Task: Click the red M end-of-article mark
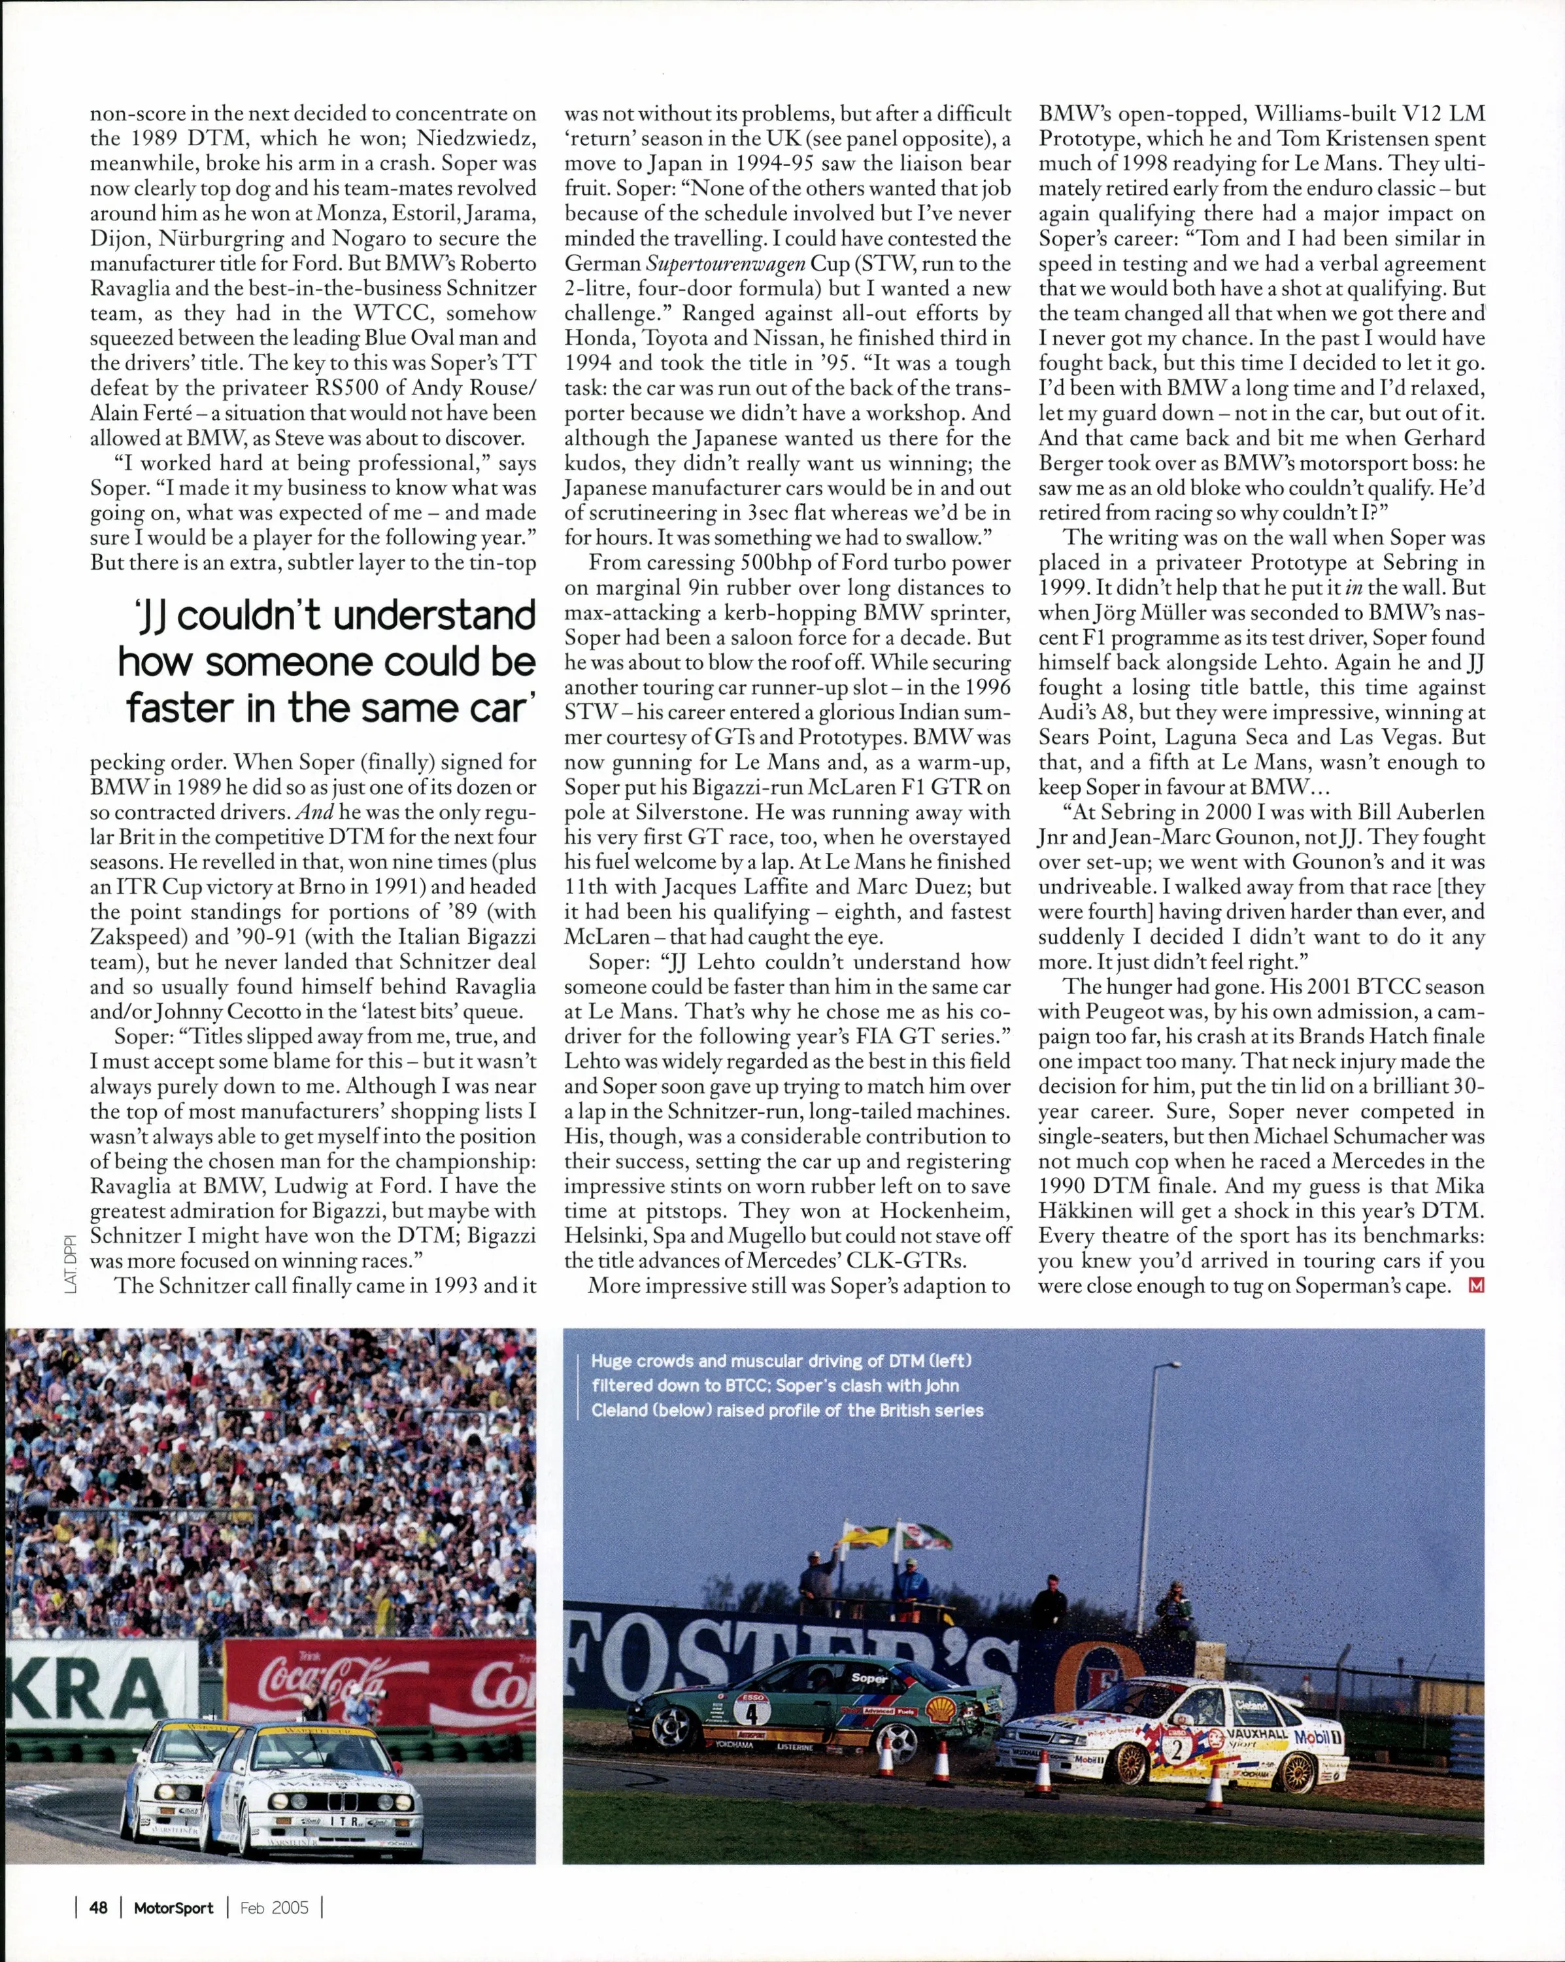[1476, 1285]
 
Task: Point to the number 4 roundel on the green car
[752, 1712]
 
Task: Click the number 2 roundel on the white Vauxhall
[1177, 1748]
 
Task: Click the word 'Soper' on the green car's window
[869, 1676]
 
